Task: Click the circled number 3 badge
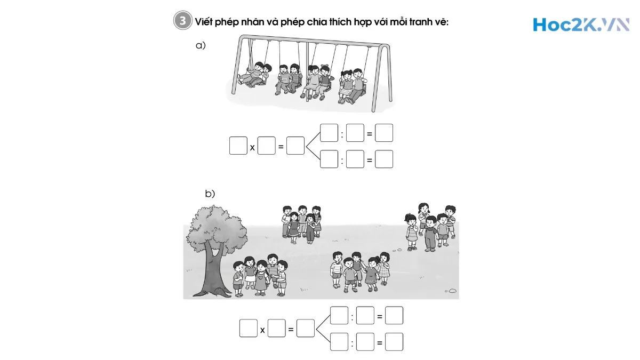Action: (x=182, y=21)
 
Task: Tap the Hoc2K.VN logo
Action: (x=580, y=24)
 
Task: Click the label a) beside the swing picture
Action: (x=201, y=46)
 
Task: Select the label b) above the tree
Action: (x=210, y=194)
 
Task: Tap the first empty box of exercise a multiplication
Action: (x=238, y=146)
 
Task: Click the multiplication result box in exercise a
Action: (x=295, y=146)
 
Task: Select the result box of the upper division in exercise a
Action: (x=384, y=133)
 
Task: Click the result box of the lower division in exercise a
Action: (x=384, y=159)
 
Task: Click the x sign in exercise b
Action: (x=262, y=330)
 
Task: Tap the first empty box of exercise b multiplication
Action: (x=248, y=328)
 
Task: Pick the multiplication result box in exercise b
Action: (x=305, y=328)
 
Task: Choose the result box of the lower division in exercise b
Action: (x=394, y=341)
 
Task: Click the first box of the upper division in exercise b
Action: (x=339, y=316)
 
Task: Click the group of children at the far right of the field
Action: (x=430, y=226)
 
